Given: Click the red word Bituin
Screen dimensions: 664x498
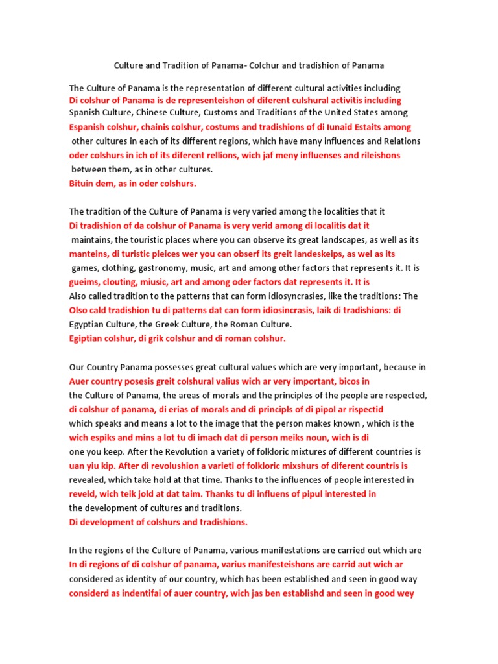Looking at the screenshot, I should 83,184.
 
